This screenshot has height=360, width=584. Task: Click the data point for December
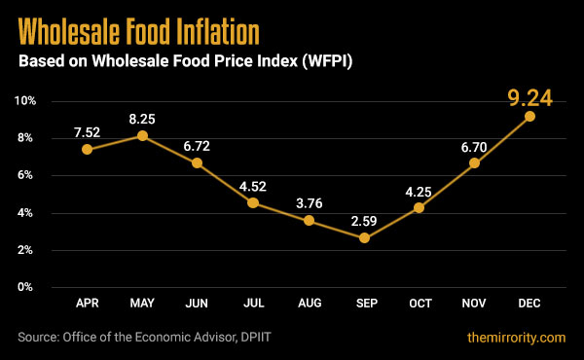click(529, 117)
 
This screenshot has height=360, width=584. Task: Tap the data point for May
click(143, 135)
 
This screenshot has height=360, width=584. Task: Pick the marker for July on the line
click(253, 203)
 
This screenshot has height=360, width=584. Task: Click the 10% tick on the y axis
click(25, 101)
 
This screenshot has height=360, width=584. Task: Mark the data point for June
click(198, 163)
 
